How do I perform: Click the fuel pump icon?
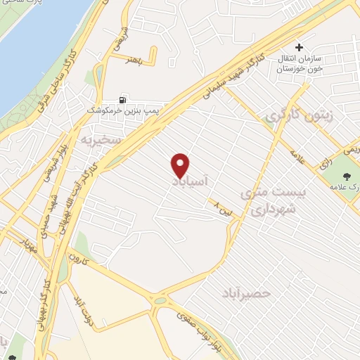point(125,101)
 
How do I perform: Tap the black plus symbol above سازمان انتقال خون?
point(299,49)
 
